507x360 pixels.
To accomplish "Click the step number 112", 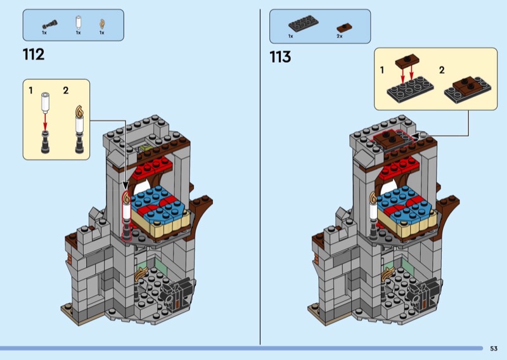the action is point(34,55).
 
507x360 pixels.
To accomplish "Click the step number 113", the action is point(280,57).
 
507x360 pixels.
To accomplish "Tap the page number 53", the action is point(494,349).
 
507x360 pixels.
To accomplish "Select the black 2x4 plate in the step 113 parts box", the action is point(304,23).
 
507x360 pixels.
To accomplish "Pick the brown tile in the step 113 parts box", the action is point(344,27).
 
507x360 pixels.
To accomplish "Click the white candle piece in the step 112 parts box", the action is point(78,22).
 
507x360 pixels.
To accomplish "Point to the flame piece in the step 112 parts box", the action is point(102,24).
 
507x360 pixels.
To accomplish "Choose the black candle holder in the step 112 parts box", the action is point(49,25).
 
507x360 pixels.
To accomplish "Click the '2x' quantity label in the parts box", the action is point(340,36).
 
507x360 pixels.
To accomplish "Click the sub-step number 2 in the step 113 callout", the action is point(442,70).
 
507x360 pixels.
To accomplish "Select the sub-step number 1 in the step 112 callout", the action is point(30,90).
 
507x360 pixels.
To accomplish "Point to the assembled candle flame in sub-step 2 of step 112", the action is point(79,111).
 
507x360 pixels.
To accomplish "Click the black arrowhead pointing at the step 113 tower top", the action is point(415,136).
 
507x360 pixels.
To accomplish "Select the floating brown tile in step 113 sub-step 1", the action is point(407,60).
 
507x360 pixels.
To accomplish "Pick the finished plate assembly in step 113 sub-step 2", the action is point(468,90).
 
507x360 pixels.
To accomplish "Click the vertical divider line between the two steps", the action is point(260,177).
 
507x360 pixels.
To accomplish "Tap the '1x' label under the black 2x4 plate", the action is point(291,36).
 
